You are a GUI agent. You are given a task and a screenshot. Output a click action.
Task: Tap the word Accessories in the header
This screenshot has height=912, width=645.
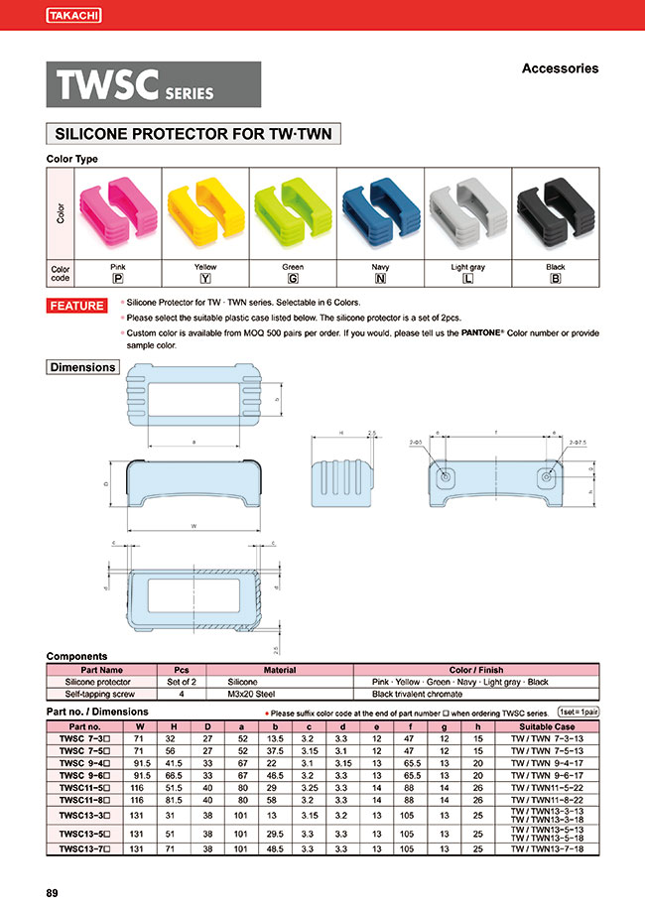click(560, 68)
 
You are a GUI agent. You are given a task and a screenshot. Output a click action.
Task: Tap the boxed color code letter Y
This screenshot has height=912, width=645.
click(205, 278)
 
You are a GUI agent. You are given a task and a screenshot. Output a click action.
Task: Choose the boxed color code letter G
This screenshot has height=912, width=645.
click(293, 278)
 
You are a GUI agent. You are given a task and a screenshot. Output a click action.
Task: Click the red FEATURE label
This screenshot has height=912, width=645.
click(77, 306)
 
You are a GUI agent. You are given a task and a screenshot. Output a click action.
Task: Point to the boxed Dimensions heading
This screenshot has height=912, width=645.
click(83, 367)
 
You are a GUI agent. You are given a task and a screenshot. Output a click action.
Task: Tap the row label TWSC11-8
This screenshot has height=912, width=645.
click(83, 798)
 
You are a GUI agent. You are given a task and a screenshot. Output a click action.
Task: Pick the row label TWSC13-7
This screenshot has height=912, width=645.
click(83, 849)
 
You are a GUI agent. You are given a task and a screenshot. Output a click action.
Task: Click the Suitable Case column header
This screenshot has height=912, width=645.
click(549, 726)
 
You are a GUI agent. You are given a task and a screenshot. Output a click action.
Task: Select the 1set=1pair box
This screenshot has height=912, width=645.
click(578, 713)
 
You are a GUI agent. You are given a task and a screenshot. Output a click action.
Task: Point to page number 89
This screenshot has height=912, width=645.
click(53, 893)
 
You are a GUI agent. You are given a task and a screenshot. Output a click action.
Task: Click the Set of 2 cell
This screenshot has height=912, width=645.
click(182, 683)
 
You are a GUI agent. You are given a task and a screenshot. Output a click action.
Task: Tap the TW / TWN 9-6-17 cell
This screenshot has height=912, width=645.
click(549, 775)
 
